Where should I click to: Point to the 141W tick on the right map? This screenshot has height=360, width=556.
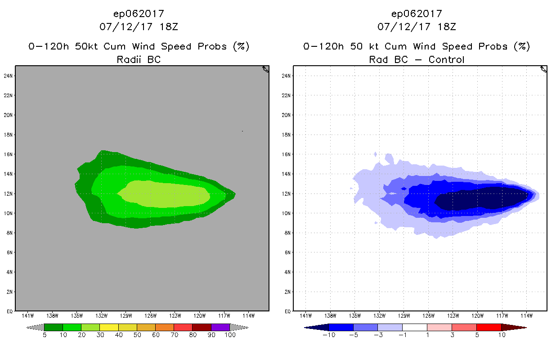tap(305, 315)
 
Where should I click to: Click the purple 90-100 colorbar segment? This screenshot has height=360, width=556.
tap(220, 327)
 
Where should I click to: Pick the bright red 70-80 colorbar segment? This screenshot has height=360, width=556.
tap(183, 327)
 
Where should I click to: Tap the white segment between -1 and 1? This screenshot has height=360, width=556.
tap(414, 327)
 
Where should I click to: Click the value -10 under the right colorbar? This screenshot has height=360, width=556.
tap(329, 335)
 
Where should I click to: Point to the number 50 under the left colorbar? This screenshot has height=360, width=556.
tap(137, 335)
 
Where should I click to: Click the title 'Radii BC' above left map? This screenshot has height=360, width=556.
tap(139, 59)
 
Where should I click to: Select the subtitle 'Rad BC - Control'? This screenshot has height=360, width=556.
tap(417, 59)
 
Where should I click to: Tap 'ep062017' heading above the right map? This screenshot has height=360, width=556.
tap(417, 14)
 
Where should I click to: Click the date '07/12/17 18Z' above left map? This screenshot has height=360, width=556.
tap(139, 27)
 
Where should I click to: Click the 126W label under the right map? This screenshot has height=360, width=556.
tap(428, 315)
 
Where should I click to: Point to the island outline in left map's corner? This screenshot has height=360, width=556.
tap(265, 69)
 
